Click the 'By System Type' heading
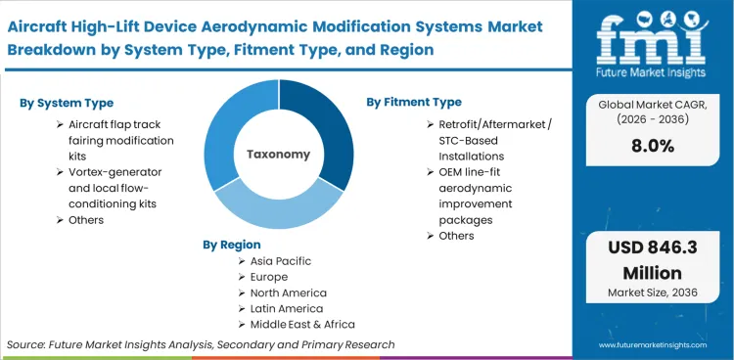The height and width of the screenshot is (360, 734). pos(65,103)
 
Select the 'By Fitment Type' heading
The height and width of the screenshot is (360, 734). pos(414,102)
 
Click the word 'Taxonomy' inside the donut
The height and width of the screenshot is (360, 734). pos(279,155)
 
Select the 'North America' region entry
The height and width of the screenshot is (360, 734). pos(290,292)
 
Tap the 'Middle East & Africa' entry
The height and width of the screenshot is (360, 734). pos(303,324)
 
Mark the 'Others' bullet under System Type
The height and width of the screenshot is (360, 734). pos(86,220)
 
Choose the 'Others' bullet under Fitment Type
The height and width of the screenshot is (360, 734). pos(456,236)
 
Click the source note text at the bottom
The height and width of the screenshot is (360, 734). pos(201,344)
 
